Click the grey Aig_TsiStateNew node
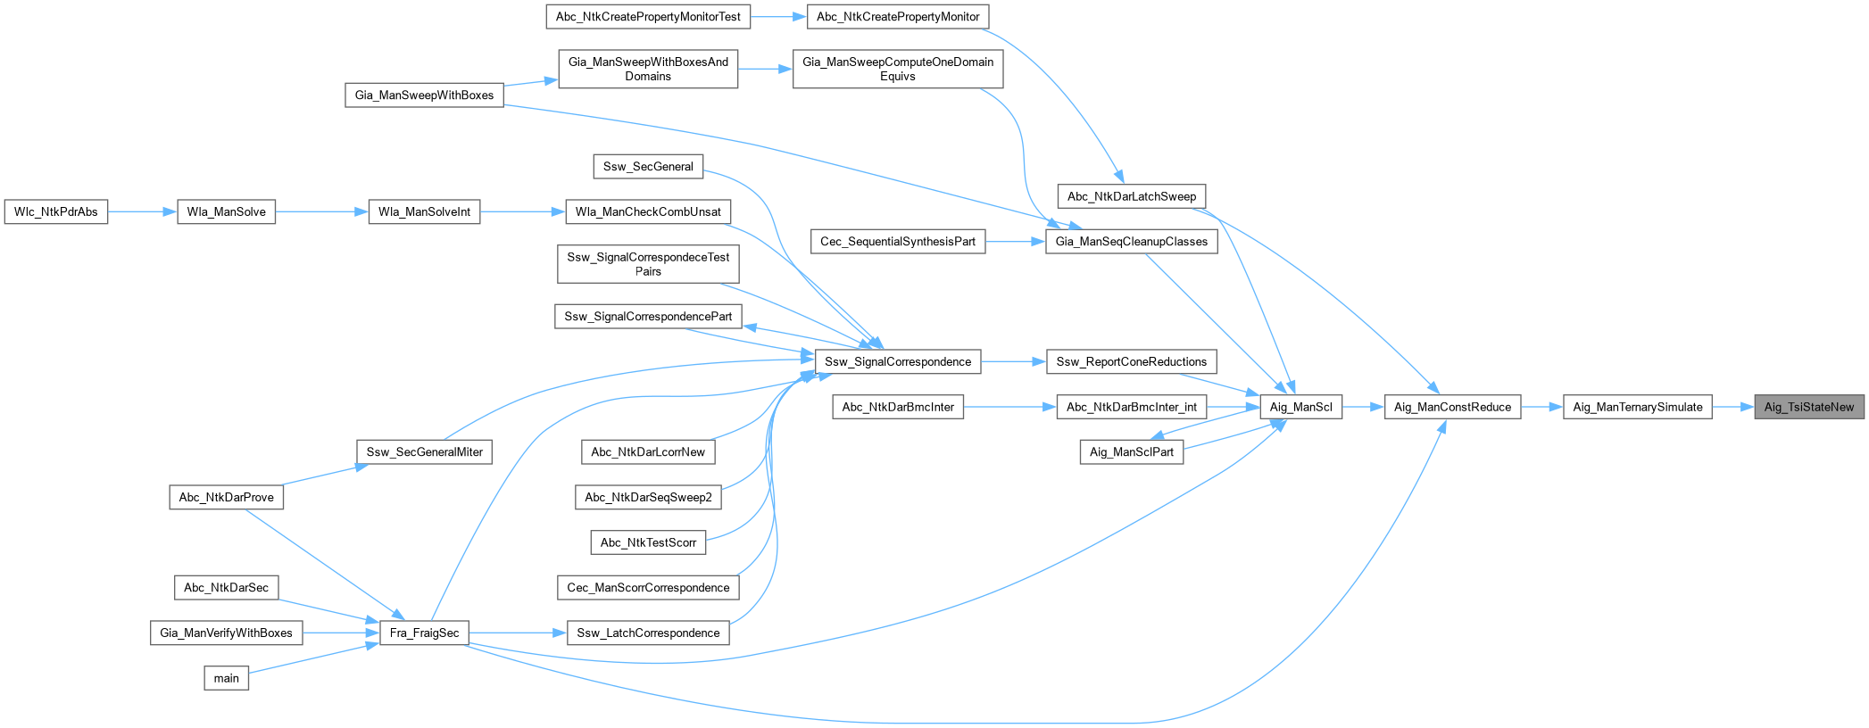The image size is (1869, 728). click(x=1808, y=407)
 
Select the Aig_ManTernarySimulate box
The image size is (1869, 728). click(x=1637, y=407)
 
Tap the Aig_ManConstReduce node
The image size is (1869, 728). click(x=1452, y=407)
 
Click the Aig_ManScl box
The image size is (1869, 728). click(x=1300, y=407)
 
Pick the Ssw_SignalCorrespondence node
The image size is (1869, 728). click(x=898, y=361)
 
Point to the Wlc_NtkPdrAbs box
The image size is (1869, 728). click(x=56, y=211)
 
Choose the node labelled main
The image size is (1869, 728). click(x=226, y=678)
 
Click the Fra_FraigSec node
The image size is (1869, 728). click(x=425, y=633)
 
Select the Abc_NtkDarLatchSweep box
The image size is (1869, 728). click(x=1131, y=196)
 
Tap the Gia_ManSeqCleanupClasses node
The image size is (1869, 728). click(x=1131, y=241)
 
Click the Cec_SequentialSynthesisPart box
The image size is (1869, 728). click(x=898, y=241)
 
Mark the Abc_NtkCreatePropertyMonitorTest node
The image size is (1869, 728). click(x=648, y=16)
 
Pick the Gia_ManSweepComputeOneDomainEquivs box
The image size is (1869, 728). click(x=898, y=69)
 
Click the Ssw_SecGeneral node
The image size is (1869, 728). click(x=648, y=166)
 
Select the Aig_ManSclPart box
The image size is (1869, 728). click(x=1131, y=451)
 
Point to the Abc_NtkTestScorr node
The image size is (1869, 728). click(x=648, y=542)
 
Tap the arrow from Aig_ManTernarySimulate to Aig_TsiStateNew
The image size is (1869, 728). click(x=1732, y=407)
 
